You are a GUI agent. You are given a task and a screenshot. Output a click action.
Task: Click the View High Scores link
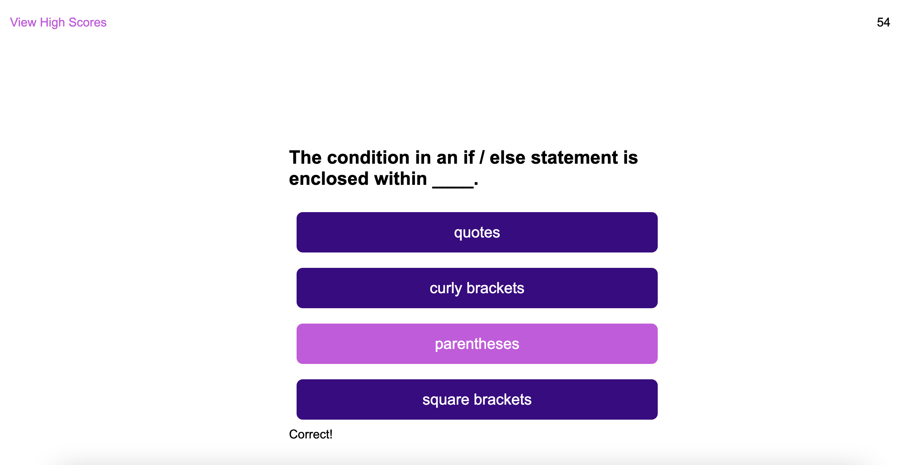pyautogui.click(x=58, y=23)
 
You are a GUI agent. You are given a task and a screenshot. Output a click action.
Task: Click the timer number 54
pyautogui.click(x=883, y=22)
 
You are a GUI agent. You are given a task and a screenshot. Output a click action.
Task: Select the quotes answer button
pyautogui.click(x=477, y=232)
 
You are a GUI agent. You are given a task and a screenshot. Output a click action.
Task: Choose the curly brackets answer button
pyautogui.click(x=477, y=288)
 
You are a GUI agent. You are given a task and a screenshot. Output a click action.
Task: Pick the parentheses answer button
pyautogui.click(x=477, y=344)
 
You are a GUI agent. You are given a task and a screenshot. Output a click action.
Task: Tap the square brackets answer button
pyautogui.click(x=477, y=399)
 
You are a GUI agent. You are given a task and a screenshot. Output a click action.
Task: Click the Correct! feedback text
pyautogui.click(x=310, y=434)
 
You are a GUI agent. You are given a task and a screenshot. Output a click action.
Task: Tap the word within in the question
pyautogui.click(x=400, y=179)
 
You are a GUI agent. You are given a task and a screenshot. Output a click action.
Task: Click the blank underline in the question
pyautogui.click(x=453, y=187)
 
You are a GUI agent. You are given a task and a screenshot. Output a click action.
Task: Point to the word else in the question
pyautogui.click(x=508, y=158)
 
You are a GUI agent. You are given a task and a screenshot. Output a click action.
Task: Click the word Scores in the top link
pyautogui.click(x=87, y=22)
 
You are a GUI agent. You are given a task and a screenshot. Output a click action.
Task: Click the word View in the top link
pyautogui.click(x=23, y=22)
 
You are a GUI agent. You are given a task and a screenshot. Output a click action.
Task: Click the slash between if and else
pyautogui.click(x=482, y=158)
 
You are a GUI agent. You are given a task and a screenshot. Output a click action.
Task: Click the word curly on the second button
pyautogui.click(x=446, y=289)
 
